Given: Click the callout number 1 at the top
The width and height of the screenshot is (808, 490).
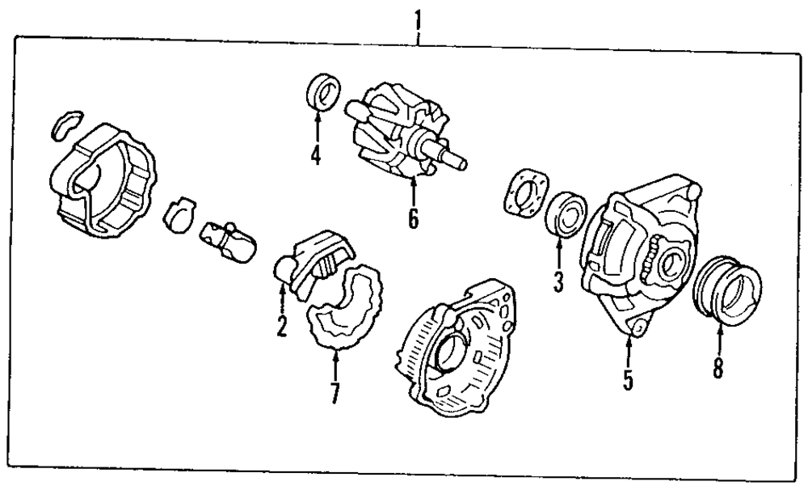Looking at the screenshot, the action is click(x=418, y=16).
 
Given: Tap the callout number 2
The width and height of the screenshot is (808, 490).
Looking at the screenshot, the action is click(x=280, y=327).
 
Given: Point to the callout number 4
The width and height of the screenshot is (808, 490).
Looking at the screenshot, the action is click(x=315, y=154).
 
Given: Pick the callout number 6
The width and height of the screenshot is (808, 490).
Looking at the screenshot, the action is click(x=413, y=218).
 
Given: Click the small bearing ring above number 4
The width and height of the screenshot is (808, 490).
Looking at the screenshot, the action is click(x=325, y=91).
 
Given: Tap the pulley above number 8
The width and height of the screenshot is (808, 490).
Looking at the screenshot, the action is click(x=730, y=289).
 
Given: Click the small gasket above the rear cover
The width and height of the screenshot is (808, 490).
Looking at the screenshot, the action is click(x=62, y=122).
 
